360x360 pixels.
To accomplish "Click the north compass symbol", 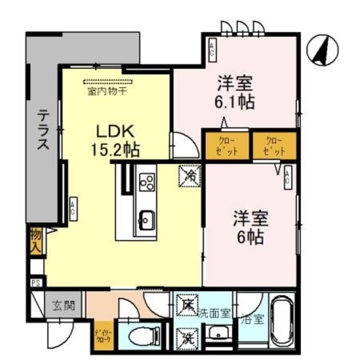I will coord(323,50).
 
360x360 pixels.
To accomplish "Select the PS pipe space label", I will coord(35,283).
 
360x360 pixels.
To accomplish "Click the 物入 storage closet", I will coord(36,241).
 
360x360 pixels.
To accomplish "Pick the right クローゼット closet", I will coord(274,146).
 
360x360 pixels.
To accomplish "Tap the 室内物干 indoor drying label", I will coord(107,91).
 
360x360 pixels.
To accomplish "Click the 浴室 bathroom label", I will coord(254,319).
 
